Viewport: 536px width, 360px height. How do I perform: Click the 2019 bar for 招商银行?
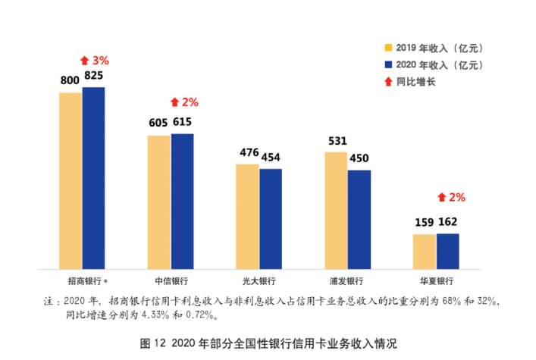click(71, 180)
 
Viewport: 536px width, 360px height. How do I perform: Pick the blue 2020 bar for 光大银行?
click(270, 218)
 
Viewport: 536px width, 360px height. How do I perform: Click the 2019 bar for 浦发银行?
click(336, 209)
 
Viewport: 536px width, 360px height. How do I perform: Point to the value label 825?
click(94, 77)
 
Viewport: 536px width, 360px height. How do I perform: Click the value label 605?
click(158, 123)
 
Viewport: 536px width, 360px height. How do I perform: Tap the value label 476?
click(249, 152)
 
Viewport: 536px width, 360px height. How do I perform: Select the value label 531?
click(337, 140)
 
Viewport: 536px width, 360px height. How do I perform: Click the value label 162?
click(448, 223)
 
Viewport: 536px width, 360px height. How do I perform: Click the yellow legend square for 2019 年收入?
click(388, 50)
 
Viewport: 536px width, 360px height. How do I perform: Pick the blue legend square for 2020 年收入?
click(388, 65)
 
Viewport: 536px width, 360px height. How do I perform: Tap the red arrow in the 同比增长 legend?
click(388, 81)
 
